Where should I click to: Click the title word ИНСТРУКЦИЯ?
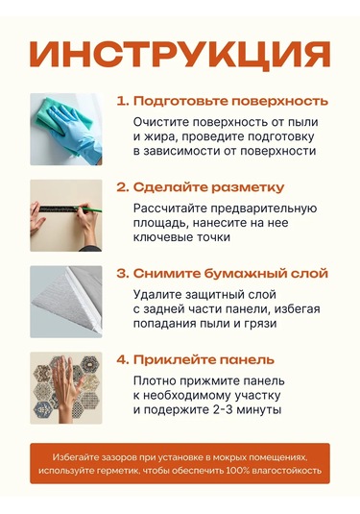click(180, 55)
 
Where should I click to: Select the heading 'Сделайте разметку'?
click(208, 187)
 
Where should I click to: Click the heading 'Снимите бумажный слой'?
click(230, 274)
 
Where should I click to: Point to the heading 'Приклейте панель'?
click(204, 360)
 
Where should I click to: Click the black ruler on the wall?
click(59, 208)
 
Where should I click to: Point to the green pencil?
click(90, 208)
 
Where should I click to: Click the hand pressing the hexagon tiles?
click(64, 387)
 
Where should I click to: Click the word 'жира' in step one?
click(158, 137)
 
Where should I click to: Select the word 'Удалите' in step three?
click(156, 295)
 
